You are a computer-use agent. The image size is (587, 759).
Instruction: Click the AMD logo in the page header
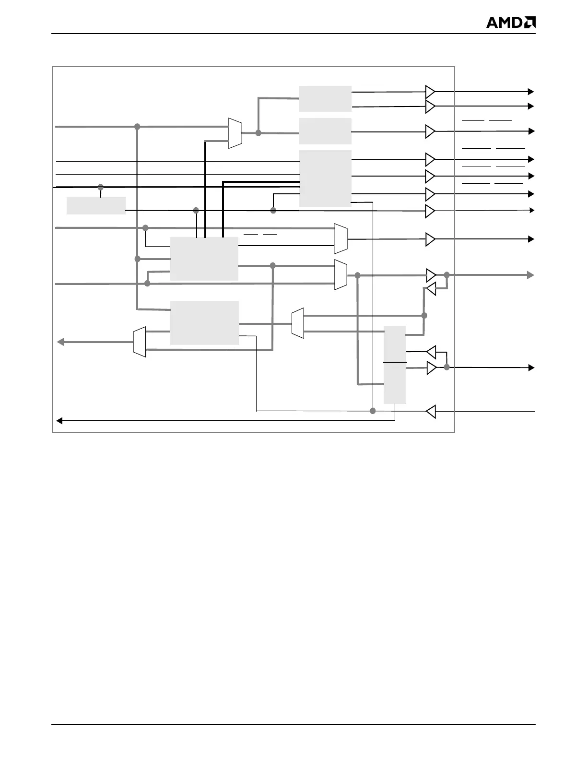[x=511, y=23]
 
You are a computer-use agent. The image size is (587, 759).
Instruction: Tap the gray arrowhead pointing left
[x=60, y=342]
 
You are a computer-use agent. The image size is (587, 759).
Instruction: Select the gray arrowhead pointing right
[x=530, y=275]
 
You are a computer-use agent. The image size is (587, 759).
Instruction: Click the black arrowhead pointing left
[x=59, y=421]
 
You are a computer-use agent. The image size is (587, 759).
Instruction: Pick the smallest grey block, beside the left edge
[x=96, y=205]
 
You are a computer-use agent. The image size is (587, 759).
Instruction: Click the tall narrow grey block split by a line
[x=395, y=365]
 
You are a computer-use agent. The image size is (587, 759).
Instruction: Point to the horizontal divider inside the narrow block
[x=395, y=362]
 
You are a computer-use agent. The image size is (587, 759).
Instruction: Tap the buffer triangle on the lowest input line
[x=431, y=411]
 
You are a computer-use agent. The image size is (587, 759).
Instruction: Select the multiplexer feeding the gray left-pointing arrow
[x=139, y=342]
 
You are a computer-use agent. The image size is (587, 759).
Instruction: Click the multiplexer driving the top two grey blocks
[x=235, y=133]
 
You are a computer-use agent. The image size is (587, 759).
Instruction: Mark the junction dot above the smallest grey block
[x=101, y=187]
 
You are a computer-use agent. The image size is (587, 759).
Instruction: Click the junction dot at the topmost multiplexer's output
[x=258, y=133]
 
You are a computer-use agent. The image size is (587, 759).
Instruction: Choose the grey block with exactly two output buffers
[x=325, y=99]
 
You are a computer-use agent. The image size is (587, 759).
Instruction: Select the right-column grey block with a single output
[x=325, y=131]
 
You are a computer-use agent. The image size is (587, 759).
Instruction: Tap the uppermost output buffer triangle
[x=430, y=91]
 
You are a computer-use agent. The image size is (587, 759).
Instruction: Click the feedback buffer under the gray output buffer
[x=431, y=289]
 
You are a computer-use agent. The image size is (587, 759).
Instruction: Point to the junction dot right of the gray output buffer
[x=446, y=275]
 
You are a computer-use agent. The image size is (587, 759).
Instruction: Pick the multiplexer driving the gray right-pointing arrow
[x=340, y=275]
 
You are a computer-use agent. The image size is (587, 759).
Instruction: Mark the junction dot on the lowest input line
[x=373, y=411]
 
